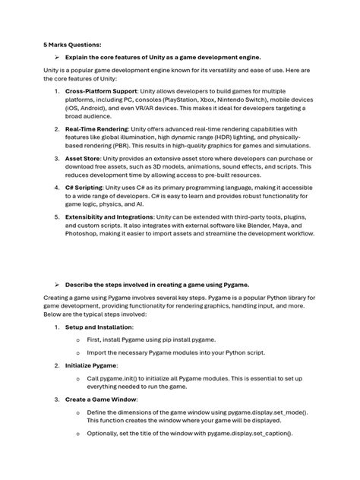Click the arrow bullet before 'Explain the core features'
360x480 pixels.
tap(57, 57)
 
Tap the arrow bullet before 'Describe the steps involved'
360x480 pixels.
tap(57, 284)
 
